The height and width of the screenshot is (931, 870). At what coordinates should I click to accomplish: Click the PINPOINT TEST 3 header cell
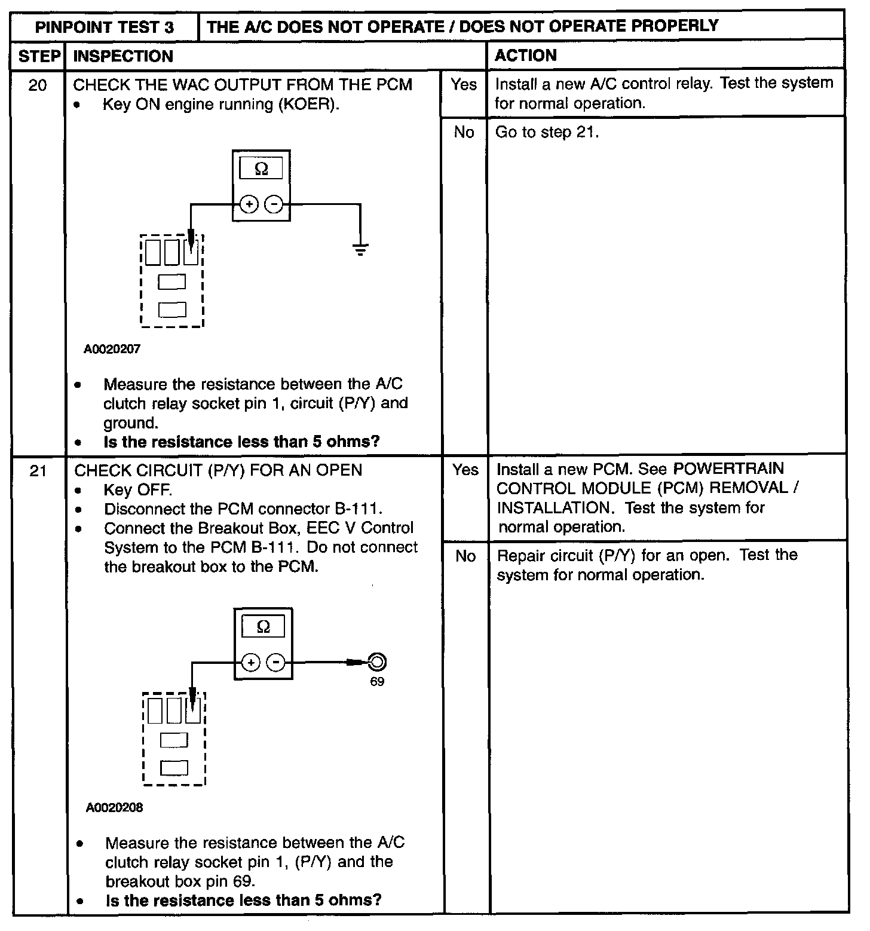coord(105,27)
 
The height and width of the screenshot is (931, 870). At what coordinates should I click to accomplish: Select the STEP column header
coord(39,57)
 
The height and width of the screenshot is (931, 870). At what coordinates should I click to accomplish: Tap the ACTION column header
coord(526,56)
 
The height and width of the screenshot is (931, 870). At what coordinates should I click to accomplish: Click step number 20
coord(38,85)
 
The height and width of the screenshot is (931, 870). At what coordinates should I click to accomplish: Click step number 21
coord(38,471)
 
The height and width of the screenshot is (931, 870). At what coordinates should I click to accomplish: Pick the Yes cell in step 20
coord(464,85)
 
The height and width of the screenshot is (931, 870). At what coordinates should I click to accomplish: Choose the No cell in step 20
coord(464,133)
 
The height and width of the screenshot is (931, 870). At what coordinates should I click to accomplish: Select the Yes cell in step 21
coord(465,470)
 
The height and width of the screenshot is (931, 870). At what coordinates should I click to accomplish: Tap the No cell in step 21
coord(465,556)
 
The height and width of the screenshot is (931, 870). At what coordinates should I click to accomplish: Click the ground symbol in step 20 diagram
coord(360,249)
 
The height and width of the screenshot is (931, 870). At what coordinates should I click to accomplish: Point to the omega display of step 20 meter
coord(261,169)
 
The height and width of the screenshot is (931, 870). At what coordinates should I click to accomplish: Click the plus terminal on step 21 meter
coord(251,663)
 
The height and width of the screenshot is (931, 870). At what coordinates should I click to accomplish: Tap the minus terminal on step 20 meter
coord(274,204)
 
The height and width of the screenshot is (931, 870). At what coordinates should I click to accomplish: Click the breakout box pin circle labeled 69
coord(377,662)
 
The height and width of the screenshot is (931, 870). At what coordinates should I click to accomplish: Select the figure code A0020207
coord(112,349)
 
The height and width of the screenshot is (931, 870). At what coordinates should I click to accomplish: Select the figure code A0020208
coord(114,808)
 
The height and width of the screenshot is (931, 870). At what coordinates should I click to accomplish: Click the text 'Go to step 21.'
coord(547,133)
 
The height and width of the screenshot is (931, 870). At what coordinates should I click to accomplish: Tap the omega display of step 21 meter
coord(263,627)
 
